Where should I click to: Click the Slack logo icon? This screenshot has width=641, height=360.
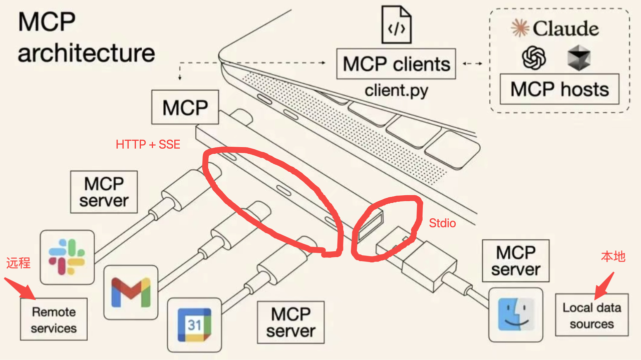(67, 257)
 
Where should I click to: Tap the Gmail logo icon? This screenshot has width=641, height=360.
(131, 292)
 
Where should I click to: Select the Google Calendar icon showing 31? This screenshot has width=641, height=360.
(194, 325)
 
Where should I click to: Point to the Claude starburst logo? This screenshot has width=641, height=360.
(520, 29)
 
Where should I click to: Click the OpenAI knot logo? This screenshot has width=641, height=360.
(534, 57)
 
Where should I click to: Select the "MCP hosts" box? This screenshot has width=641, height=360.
(559, 89)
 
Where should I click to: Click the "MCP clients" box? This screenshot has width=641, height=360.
(396, 64)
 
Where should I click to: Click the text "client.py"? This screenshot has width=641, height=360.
(396, 91)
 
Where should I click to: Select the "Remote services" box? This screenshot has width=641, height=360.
(54, 319)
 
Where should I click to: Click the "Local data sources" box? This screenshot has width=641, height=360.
(591, 315)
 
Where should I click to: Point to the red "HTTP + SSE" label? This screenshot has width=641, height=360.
(148, 145)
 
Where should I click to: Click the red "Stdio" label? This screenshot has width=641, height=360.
(443, 223)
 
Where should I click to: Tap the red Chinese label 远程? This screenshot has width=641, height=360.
(19, 263)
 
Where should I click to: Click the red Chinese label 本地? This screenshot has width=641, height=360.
(613, 257)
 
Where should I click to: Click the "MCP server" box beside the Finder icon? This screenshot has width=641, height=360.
(516, 260)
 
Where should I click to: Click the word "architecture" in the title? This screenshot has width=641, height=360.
(86, 53)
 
